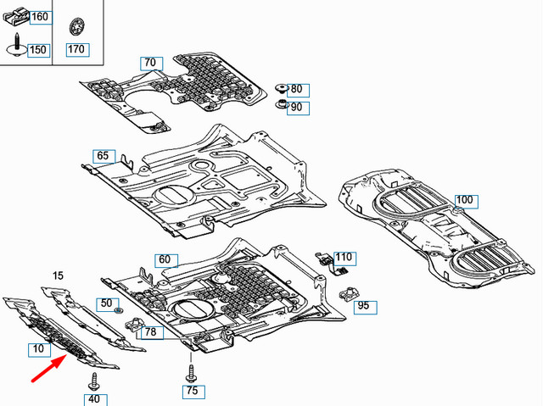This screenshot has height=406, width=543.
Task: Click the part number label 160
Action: (x=40, y=17)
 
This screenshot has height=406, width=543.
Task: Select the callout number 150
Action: (x=38, y=50)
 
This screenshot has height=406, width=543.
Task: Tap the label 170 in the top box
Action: (x=76, y=48)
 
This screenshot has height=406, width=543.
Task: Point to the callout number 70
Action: (x=149, y=63)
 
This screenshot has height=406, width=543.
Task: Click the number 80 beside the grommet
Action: (x=296, y=89)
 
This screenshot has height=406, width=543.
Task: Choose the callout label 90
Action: (x=296, y=108)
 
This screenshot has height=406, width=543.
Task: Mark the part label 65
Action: (x=103, y=156)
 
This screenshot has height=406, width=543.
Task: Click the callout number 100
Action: (x=466, y=201)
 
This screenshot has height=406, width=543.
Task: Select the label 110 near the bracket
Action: (x=344, y=257)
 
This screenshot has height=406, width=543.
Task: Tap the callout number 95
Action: (x=362, y=306)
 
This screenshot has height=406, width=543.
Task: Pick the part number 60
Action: (x=164, y=259)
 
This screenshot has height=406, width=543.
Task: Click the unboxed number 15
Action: (x=58, y=276)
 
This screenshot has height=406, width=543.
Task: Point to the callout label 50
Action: (x=106, y=303)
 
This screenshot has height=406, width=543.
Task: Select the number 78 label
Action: (x=150, y=332)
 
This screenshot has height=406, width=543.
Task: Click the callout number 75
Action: (x=193, y=391)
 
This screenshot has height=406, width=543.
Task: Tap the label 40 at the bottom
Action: (x=93, y=399)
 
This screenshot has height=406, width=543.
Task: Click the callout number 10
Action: (x=39, y=349)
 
